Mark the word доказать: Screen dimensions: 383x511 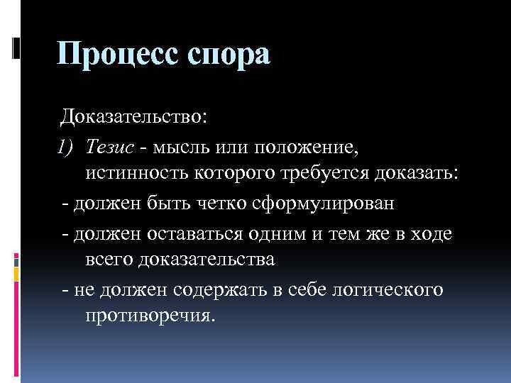tap(419, 174)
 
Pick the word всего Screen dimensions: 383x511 tap(111, 260)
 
